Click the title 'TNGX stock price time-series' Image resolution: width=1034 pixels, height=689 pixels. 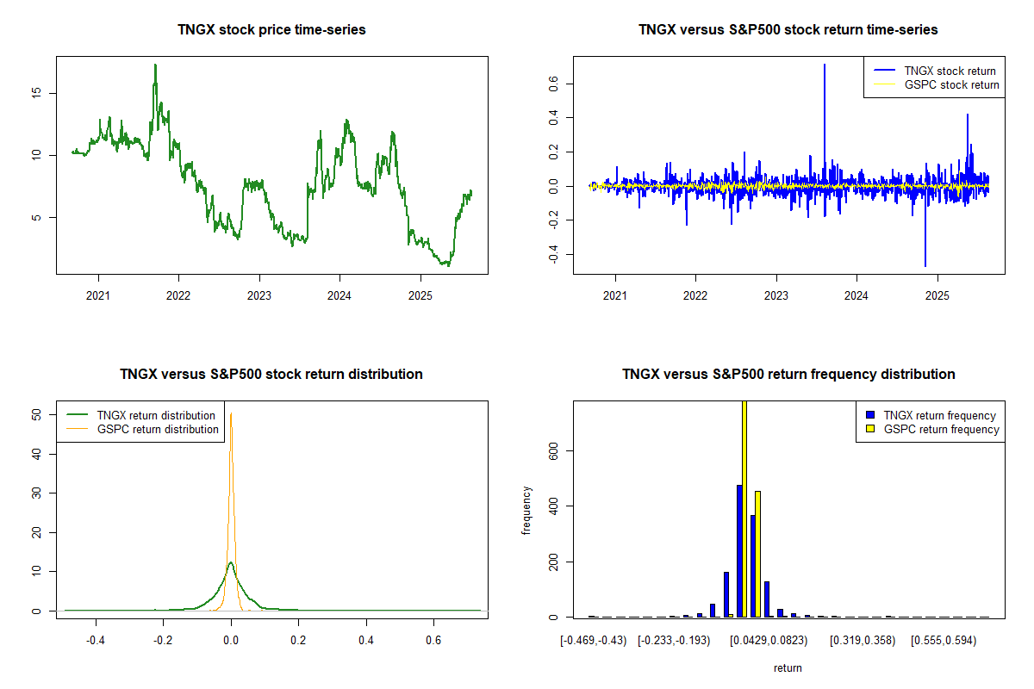click(x=271, y=30)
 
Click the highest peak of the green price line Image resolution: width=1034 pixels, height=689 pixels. click(x=155, y=65)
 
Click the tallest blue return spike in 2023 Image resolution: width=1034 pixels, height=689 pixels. click(x=825, y=65)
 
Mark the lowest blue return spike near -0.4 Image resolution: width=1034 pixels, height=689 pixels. click(x=925, y=265)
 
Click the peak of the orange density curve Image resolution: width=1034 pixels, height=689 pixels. click(x=231, y=413)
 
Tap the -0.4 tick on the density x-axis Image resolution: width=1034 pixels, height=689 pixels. click(x=96, y=641)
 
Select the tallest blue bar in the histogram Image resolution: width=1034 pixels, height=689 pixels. click(x=738, y=551)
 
